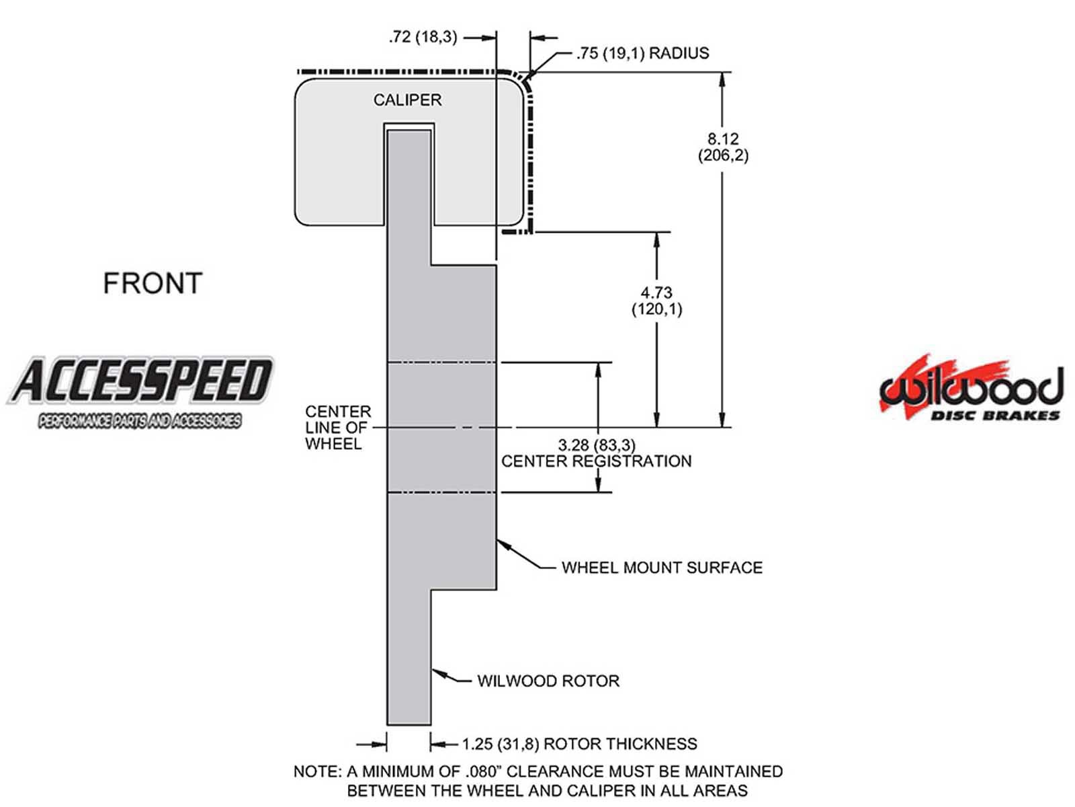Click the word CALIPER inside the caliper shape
coord(407,100)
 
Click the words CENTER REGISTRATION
coord(596,461)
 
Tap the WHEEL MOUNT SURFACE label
coord(661,568)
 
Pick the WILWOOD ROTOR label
coord(548,681)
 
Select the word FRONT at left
coord(153,283)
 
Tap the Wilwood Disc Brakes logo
coord(971,390)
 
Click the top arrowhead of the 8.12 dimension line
coord(722,79)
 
